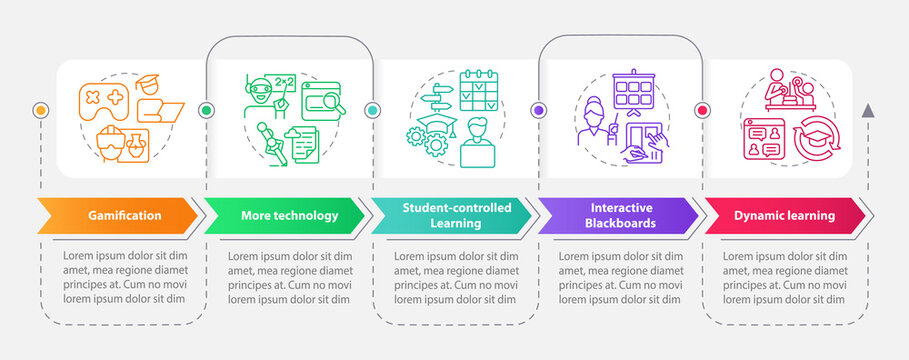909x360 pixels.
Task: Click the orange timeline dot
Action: click(40, 110)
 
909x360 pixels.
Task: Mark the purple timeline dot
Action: click(539, 110)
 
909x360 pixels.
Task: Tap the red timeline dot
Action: click(702, 110)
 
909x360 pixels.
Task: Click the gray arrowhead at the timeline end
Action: click(868, 110)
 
